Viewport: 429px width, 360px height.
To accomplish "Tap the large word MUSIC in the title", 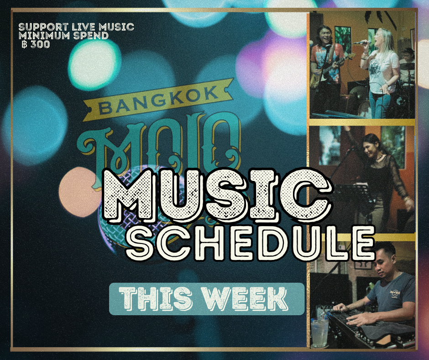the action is point(218,195).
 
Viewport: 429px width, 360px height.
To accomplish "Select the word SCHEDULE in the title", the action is point(251,243).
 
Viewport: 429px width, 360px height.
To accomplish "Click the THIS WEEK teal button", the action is point(207,299).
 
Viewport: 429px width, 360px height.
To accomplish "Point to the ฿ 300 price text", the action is point(36,44).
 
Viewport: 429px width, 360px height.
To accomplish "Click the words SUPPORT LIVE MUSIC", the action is point(76,27).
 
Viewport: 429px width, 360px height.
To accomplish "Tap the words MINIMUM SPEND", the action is point(63,36).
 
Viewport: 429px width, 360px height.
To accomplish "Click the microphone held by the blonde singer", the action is point(361,42).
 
